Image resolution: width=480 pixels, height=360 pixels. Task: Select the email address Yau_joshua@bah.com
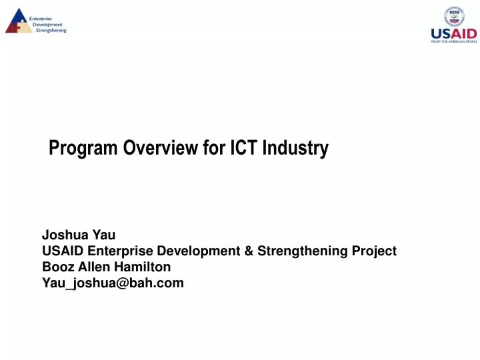pos(113,283)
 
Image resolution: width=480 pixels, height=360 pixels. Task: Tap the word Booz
pos(57,267)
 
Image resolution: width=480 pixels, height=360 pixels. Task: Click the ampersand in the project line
pos(247,251)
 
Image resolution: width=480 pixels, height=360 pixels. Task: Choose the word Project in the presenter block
pos(372,251)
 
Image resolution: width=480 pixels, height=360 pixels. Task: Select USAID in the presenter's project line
pos(63,251)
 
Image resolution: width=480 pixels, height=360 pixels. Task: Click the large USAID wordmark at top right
pos(454,33)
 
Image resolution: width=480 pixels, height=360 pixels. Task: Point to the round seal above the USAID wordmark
pos(454,16)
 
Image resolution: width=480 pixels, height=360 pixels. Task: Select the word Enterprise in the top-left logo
pos(41,11)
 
